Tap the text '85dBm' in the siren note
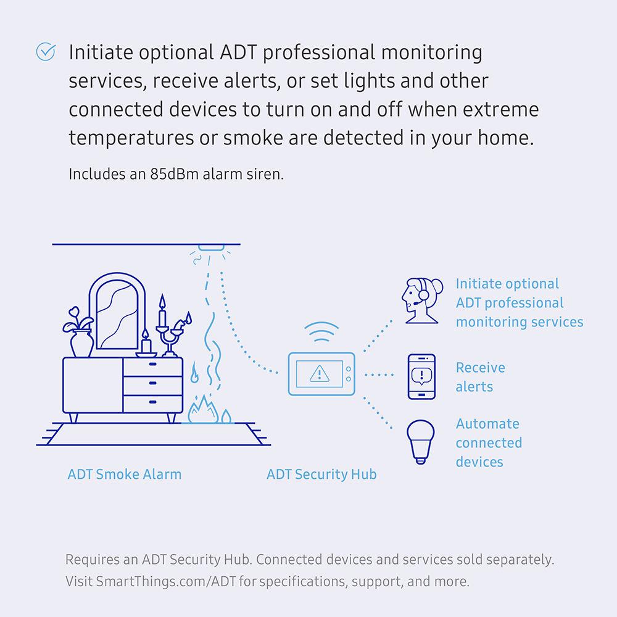coord(171,173)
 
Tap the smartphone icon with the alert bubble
coord(422,376)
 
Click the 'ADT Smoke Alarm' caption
coord(124,474)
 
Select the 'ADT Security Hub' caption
coord(321,474)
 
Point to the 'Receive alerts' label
coord(480,377)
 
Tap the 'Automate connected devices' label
coord(488,442)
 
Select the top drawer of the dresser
coord(152,365)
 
